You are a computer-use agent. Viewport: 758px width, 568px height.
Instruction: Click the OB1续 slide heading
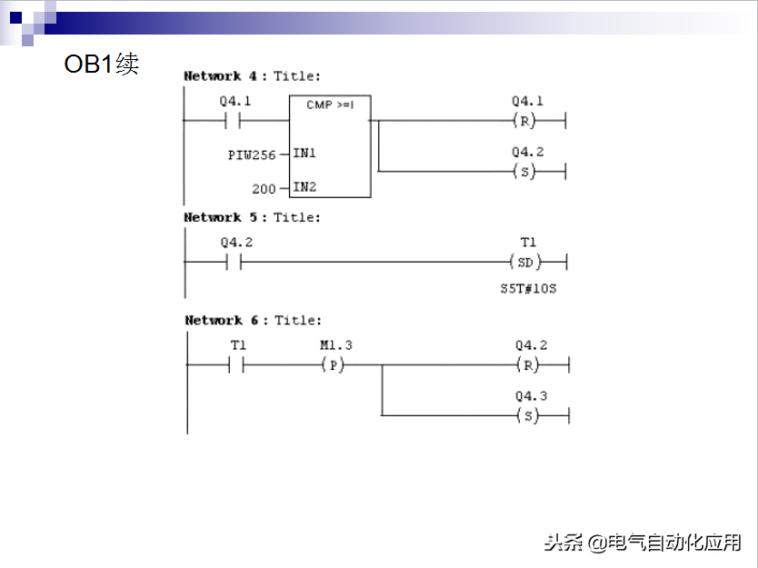(101, 65)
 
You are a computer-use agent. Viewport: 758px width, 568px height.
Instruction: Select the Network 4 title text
(252, 76)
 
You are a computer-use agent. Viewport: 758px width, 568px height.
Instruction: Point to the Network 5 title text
(252, 217)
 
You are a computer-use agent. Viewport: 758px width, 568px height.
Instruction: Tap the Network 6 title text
(253, 320)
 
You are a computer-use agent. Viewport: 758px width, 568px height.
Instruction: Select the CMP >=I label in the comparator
(329, 105)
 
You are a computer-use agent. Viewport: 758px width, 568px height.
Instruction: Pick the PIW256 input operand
(252, 154)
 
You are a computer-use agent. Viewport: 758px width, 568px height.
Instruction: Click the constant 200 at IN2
(264, 188)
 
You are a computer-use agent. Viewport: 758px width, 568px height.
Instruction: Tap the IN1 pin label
(304, 154)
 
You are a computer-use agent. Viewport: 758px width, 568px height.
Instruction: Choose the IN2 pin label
(304, 187)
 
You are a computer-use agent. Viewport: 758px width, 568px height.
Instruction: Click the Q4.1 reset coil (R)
(526, 121)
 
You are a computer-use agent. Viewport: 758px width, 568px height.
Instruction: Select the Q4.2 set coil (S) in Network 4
(526, 172)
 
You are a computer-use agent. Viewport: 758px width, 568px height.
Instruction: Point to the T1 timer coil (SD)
(526, 262)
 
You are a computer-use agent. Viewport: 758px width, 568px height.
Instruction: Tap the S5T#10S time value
(526, 288)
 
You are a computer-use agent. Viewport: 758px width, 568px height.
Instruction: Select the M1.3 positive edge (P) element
(335, 364)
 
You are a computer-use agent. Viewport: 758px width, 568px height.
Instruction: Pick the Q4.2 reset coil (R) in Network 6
(528, 364)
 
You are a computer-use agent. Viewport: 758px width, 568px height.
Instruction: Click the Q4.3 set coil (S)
(528, 415)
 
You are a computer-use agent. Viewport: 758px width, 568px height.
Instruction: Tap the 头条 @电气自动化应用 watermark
(643, 543)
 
